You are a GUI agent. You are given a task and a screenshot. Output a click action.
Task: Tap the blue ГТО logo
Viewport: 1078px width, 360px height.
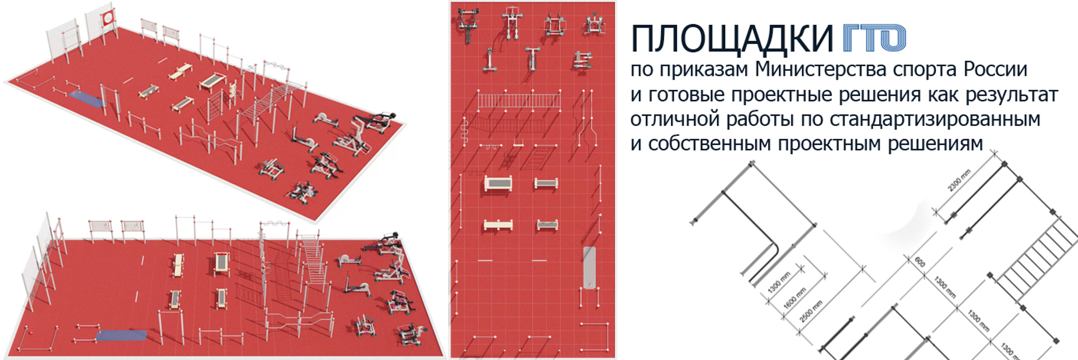tap(874, 38)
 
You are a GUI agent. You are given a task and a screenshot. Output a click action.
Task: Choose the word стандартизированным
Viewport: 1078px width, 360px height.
tap(935, 120)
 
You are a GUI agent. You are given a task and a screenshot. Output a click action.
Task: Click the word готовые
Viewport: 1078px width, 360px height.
tap(687, 95)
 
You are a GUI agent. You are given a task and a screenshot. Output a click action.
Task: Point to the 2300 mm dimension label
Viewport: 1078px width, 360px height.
tap(959, 181)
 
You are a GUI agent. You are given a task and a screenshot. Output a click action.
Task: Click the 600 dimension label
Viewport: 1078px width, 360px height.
tap(920, 262)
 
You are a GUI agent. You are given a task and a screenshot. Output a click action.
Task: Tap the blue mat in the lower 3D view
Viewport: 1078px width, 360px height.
tap(122, 335)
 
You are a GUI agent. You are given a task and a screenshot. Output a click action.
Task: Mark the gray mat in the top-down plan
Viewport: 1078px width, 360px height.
tap(588, 268)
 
